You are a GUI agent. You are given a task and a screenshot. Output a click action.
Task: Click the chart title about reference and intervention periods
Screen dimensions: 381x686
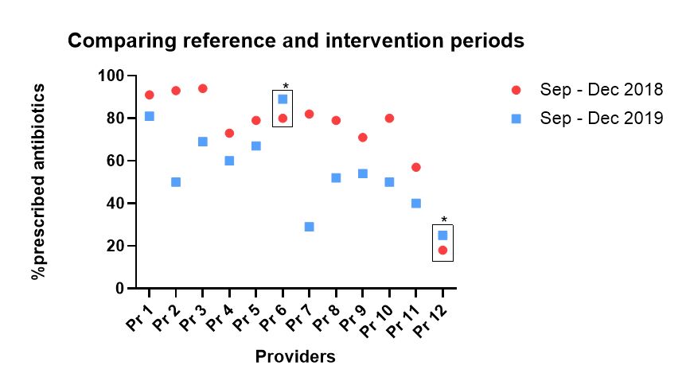[295, 41]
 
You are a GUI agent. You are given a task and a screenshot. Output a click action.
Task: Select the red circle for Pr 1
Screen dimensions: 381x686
[149, 95]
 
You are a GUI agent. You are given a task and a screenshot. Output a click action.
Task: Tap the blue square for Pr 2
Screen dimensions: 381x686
[176, 182]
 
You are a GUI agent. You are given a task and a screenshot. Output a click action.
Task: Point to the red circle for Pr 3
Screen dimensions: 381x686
[202, 88]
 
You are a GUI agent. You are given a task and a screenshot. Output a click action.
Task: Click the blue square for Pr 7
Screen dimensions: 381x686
[309, 227]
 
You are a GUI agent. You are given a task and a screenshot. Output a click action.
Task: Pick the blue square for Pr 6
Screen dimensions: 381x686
[283, 99]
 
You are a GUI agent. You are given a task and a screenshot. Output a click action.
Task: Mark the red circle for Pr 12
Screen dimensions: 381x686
[442, 251]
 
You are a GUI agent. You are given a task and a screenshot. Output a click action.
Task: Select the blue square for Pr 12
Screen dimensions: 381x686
[442, 235]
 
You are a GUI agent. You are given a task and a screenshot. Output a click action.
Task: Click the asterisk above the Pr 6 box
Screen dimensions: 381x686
[285, 87]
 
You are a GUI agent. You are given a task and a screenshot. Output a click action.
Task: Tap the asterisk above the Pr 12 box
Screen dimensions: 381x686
[444, 221]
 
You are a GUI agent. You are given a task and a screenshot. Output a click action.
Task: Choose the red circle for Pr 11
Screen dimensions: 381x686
[415, 167]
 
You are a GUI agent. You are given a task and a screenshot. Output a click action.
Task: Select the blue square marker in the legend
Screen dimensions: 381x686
[516, 119]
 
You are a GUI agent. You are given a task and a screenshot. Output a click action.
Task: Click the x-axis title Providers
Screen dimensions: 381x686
[295, 357]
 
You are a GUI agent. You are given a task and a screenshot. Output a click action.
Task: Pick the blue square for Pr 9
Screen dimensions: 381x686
[362, 173]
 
